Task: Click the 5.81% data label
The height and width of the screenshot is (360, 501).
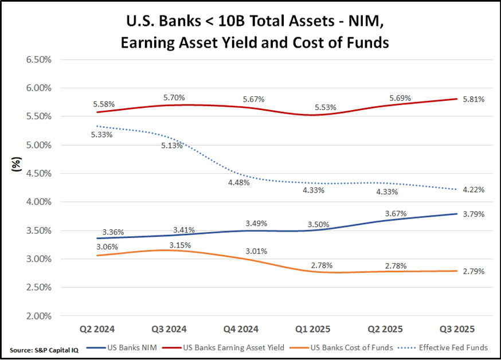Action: click(473, 99)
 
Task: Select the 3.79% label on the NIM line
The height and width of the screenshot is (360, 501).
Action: click(473, 214)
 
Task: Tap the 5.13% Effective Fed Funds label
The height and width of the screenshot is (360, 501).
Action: click(171, 146)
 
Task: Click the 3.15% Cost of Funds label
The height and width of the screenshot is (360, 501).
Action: click(179, 245)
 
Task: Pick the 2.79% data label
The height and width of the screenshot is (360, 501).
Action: click(473, 271)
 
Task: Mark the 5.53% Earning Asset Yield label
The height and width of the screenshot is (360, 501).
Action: click(326, 108)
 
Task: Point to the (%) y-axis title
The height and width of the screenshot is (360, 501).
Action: click(17, 165)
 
